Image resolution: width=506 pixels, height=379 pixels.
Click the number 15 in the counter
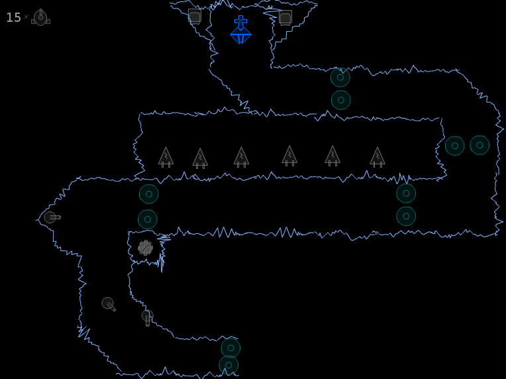[13, 17]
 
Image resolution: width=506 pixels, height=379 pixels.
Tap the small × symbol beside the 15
[26, 17]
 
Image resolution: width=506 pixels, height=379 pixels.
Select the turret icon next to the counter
[40, 17]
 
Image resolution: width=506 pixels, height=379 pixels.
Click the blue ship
[240, 30]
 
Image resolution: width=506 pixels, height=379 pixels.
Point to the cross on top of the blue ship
[240, 21]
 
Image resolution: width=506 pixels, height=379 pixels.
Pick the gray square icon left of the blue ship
[195, 17]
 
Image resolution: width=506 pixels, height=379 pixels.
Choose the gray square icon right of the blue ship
[285, 17]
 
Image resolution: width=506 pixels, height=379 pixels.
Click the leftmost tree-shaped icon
[166, 157]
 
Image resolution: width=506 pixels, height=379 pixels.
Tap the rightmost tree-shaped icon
[378, 157]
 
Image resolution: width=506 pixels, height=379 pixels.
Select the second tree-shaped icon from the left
[200, 158]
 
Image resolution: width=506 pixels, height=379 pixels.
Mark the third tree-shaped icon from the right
[289, 156]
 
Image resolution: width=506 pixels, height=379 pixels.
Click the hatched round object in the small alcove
[145, 248]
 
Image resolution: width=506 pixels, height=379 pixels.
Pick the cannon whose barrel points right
[52, 217]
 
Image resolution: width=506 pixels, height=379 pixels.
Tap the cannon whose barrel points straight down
[148, 317]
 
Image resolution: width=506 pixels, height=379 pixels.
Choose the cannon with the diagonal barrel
[109, 304]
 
